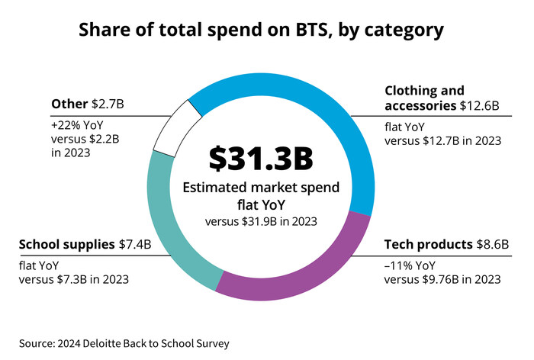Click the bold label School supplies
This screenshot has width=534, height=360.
pyautogui.click(x=66, y=247)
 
